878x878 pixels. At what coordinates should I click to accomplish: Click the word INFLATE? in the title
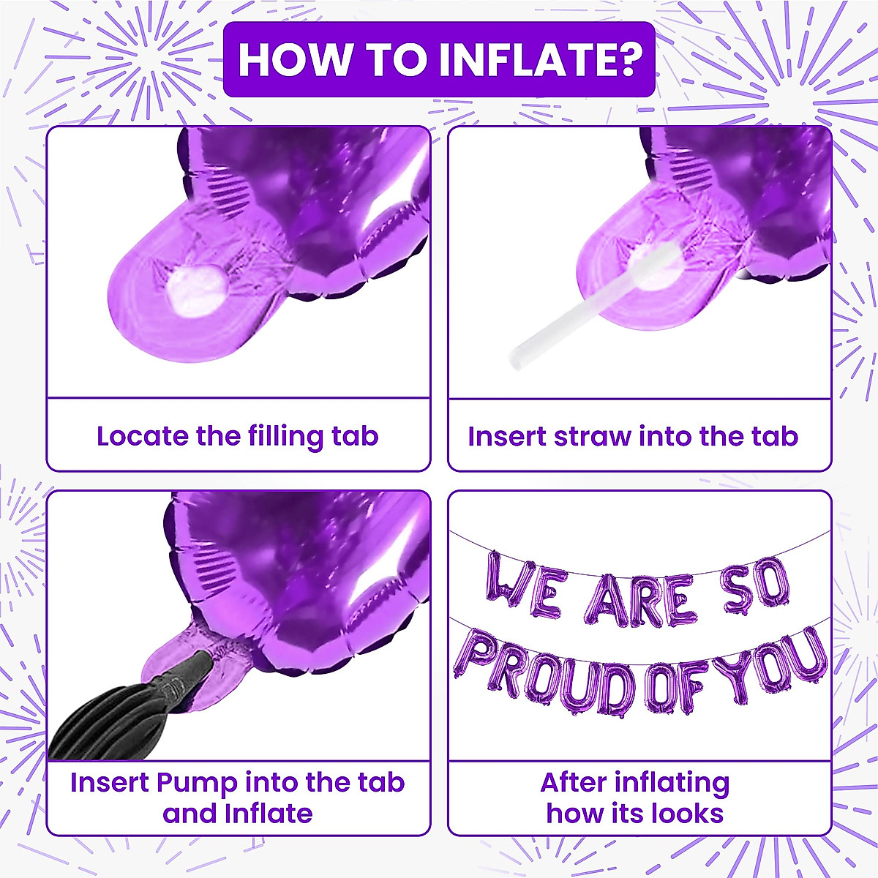(x=541, y=60)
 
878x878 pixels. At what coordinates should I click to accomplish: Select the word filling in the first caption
(x=285, y=438)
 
